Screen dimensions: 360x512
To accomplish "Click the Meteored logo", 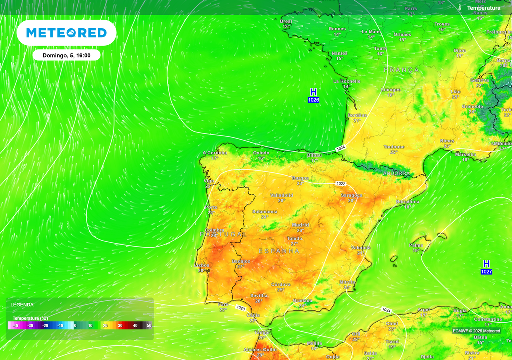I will point(66,33).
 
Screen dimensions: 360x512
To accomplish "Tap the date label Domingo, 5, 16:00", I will point(66,55).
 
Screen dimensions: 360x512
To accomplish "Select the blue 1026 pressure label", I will point(313,100).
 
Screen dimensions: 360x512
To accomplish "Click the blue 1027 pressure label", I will point(486,272).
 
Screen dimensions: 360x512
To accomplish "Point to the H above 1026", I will point(313,92).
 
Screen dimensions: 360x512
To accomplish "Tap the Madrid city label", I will point(300,225).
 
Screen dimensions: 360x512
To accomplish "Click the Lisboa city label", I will point(202,265).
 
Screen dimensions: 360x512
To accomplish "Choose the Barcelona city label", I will point(407,201).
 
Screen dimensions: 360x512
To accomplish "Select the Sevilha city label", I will point(258,296).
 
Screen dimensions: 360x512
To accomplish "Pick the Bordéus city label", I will point(357,115).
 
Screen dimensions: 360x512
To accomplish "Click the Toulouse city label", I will point(394,147).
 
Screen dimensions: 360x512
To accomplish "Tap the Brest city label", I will point(286,21).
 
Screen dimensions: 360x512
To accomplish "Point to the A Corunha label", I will point(215,153).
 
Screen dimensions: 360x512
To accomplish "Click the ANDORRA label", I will point(396,174).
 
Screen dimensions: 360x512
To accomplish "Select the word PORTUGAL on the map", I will point(223,234).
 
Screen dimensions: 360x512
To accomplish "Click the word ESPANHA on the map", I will point(279,251).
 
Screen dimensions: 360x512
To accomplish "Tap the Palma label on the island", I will point(416,245).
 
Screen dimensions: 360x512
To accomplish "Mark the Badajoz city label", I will point(241,261).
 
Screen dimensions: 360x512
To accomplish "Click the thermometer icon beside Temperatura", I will point(459,8).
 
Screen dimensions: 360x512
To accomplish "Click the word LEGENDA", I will point(22,304).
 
